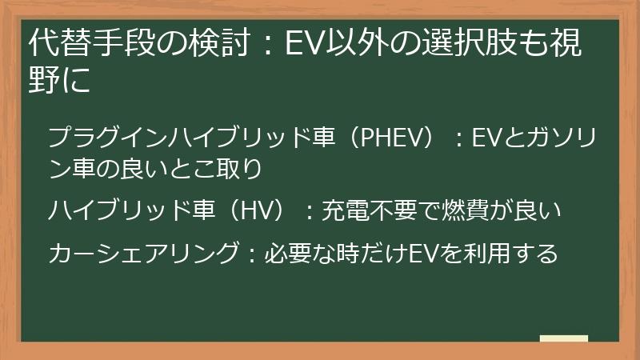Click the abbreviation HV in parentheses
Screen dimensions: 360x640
(257, 212)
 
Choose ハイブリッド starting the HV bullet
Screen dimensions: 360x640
(120, 212)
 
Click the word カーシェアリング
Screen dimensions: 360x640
(142, 254)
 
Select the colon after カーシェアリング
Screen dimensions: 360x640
(250, 255)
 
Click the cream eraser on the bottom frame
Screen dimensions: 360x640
(565, 338)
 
